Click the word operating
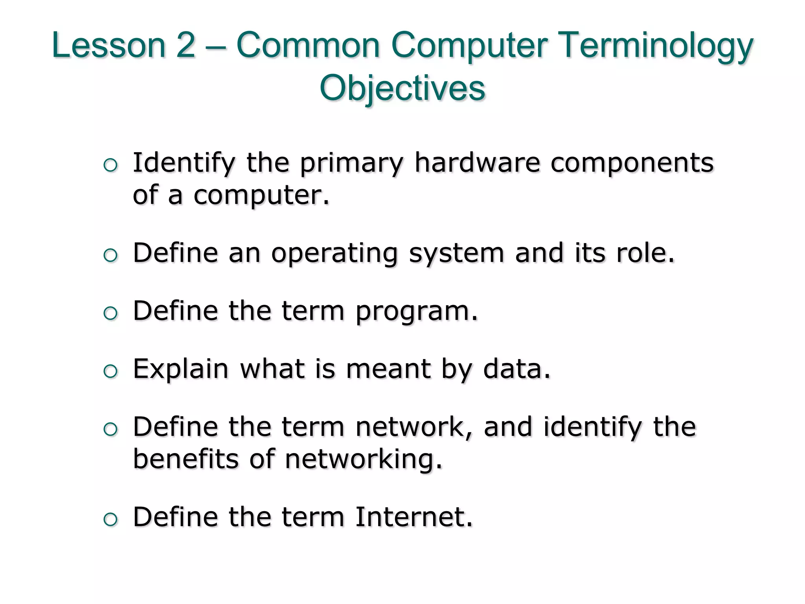click(x=334, y=254)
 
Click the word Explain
click(x=181, y=369)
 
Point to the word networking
click(x=364, y=459)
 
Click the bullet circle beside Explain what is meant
click(x=110, y=371)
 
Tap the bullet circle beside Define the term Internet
click(x=110, y=519)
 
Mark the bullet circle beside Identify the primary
click(x=110, y=165)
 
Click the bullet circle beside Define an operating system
click(x=110, y=256)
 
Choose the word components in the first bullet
click(x=632, y=163)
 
